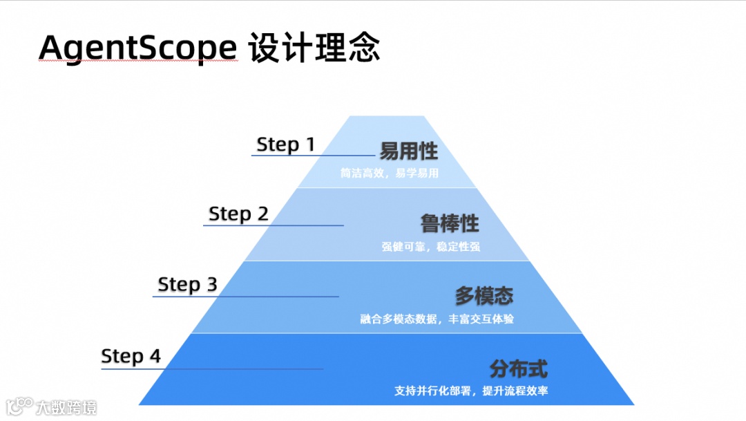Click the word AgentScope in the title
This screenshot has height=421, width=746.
(x=138, y=48)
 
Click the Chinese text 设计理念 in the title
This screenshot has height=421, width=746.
(x=314, y=48)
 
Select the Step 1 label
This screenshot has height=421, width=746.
(x=285, y=144)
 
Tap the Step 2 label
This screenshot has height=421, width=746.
(x=238, y=214)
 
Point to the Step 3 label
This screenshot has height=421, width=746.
(x=187, y=284)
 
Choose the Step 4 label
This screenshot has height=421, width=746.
(x=131, y=356)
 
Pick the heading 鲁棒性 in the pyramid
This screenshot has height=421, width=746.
(x=450, y=224)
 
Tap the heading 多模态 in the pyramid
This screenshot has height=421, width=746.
(x=484, y=297)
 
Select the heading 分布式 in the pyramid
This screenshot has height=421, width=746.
(x=518, y=368)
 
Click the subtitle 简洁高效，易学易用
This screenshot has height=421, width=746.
(x=389, y=174)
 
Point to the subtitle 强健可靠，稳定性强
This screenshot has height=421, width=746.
(x=430, y=246)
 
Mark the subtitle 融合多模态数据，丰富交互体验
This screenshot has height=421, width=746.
(x=437, y=319)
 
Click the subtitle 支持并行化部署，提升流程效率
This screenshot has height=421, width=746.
(x=471, y=391)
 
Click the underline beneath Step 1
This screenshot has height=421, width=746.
(x=314, y=156)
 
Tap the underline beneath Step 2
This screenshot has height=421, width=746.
(x=273, y=225)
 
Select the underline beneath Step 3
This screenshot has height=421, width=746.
(x=245, y=297)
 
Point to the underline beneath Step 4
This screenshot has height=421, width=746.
(x=212, y=368)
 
